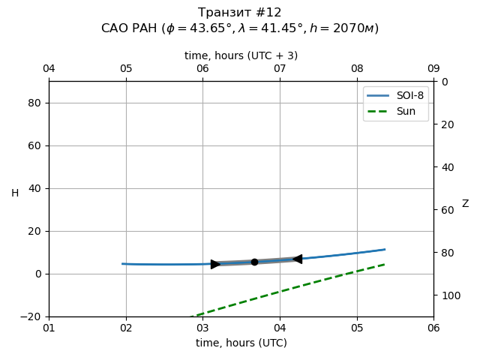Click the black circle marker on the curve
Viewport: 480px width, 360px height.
click(254, 262)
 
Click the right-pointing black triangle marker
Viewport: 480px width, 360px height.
click(215, 264)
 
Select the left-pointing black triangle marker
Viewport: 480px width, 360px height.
click(298, 259)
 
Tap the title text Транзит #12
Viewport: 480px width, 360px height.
click(240, 13)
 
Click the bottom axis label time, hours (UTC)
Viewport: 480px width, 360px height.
click(241, 343)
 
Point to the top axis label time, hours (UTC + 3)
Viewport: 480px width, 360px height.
click(241, 55)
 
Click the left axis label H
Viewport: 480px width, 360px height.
click(15, 193)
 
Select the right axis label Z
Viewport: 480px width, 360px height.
click(465, 204)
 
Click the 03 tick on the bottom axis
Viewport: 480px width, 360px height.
click(202, 328)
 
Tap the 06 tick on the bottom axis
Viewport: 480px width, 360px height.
click(433, 328)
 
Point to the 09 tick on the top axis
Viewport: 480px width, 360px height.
click(433, 69)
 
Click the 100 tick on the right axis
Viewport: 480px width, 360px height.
click(449, 295)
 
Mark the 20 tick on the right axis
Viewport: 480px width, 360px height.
click(446, 124)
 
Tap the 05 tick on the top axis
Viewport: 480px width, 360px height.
click(126, 69)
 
